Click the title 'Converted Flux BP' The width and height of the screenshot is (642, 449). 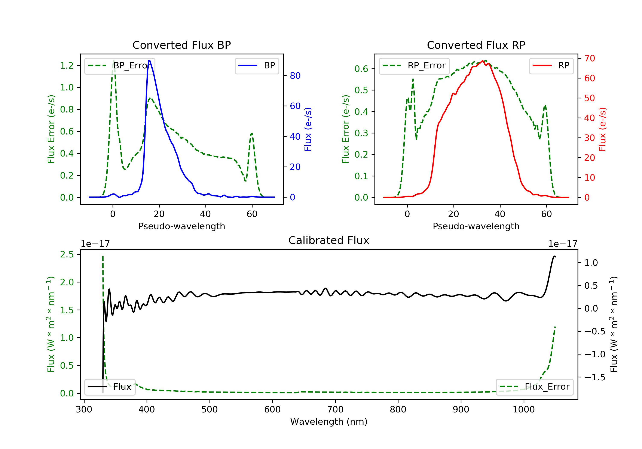pyautogui.click(x=181, y=45)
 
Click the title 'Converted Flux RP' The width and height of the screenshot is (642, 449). pyautogui.click(x=476, y=45)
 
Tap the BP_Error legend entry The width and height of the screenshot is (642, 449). pyautogui.click(x=120, y=66)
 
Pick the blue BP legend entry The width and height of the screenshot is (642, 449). pyautogui.click(x=257, y=66)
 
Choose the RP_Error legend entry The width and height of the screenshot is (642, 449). pyautogui.click(x=414, y=66)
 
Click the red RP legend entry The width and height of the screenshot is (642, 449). pyautogui.click(x=551, y=66)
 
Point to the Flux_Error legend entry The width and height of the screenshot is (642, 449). pyautogui.click(x=534, y=387)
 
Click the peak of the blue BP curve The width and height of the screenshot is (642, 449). pyautogui.click(x=149, y=61)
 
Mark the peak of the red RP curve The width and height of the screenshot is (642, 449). pyautogui.click(x=483, y=61)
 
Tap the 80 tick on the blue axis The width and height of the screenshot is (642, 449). pyautogui.click(x=295, y=76)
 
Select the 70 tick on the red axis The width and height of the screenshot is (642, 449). pyautogui.click(x=589, y=58)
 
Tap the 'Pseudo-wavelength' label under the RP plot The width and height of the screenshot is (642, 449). pyautogui.click(x=476, y=226)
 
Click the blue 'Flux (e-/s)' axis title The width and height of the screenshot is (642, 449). pyautogui.click(x=308, y=129)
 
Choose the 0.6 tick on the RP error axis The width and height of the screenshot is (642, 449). pyautogui.click(x=361, y=69)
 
